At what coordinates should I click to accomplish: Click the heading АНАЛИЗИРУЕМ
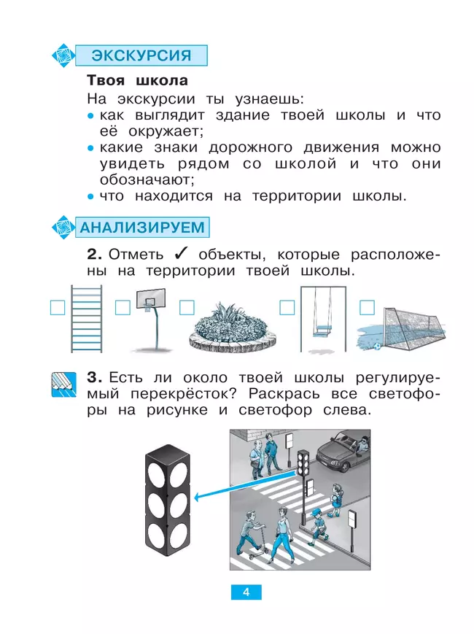point(142,226)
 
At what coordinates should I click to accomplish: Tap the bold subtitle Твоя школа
point(137,80)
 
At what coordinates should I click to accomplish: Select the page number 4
point(246,592)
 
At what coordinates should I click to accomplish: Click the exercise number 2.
point(93,255)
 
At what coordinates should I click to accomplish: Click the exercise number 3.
point(93,377)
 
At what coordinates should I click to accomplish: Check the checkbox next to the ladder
point(57,307)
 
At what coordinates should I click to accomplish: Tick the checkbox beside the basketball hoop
point(123,307)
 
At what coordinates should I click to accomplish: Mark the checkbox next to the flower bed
point(187,307)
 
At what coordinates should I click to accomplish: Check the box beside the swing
point(287,307)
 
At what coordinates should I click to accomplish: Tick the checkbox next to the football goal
point(367,307)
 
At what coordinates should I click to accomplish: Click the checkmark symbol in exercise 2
point(182,254)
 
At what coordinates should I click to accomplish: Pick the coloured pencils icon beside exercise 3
point(64,382)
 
